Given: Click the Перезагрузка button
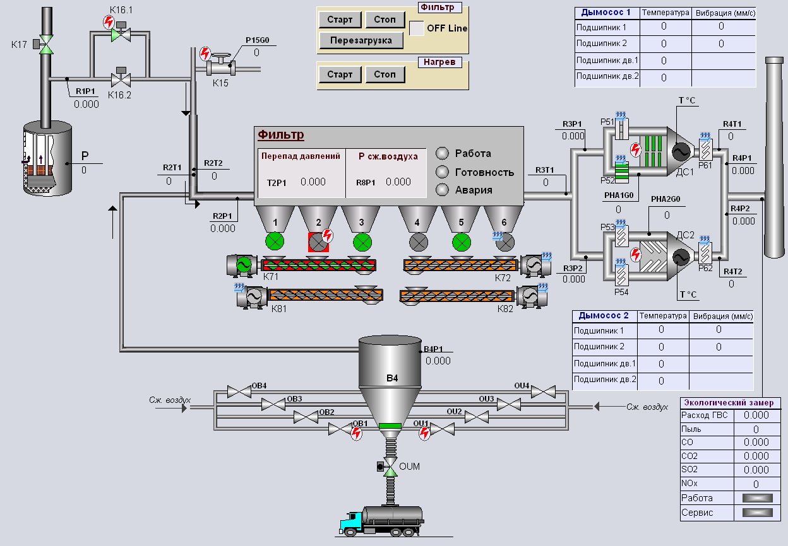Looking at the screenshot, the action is point(361,40).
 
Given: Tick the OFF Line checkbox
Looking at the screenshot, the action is point(417,28).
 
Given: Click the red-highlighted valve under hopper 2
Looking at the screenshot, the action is point(318,243).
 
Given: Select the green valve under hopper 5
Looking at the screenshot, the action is point(462,242).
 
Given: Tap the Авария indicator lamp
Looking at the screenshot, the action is point(442,190).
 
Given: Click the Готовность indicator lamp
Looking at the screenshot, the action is point(442,172).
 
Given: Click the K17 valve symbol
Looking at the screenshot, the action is point(45,44).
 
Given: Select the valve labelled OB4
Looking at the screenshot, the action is point(239,392).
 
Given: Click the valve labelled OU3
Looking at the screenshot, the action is point(509,405).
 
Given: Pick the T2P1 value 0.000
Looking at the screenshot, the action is point(313,182).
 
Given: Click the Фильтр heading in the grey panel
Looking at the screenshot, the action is point(281,134).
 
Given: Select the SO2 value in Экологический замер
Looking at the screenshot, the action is point(756,470).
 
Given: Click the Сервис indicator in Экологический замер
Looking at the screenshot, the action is point(758,513).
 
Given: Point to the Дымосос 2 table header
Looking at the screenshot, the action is point(604,315).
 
